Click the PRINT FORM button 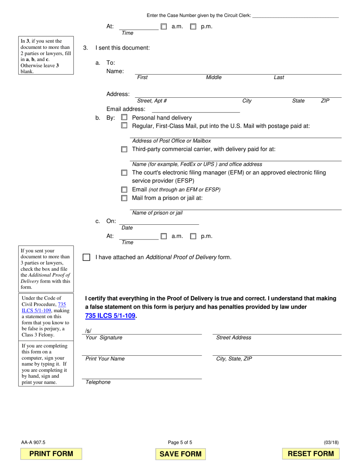[51, 453]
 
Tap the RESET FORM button [311, 453]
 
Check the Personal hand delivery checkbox [124, 118]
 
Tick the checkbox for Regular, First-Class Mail [124, 125]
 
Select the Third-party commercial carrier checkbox [124, 149]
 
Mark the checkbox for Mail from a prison [124, 198]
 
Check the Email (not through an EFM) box [124, 189]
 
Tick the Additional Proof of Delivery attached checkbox [86, 257]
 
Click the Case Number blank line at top [295, 16]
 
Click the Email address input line [196, 110]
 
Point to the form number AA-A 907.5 [33, 442]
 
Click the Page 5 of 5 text [180, 442]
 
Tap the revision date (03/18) [331, 442]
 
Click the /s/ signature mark [88, 331]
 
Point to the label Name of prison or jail [157, 213]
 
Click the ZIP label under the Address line [325, 101]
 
